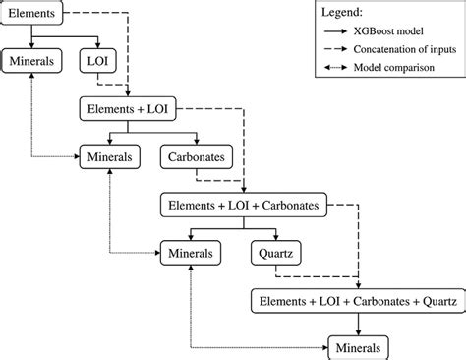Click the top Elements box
tap(33, 14)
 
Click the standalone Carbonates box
tap(194, 155)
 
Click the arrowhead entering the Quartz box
tap(274, 238)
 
